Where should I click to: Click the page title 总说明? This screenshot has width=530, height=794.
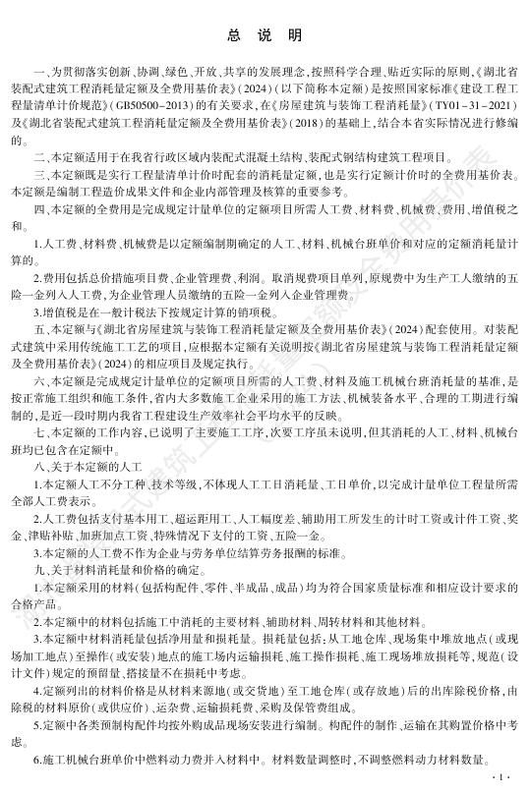(x=265, y=35)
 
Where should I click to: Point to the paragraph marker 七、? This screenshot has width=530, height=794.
(x=43, y=431)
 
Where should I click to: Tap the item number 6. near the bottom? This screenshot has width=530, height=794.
(x=40, y=763)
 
